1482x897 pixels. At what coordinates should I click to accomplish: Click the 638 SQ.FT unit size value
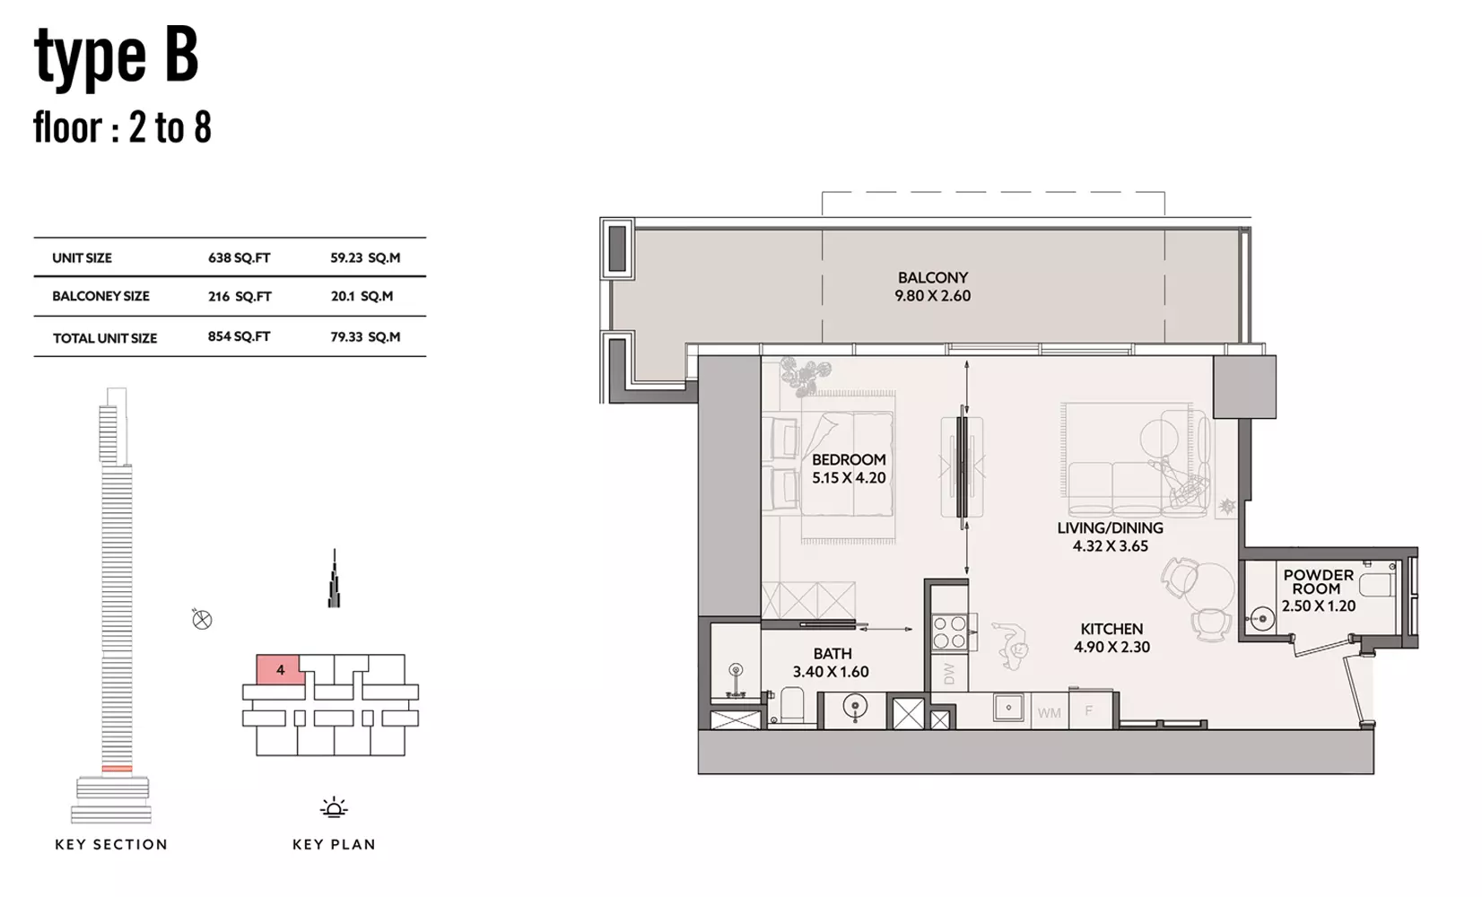tap(239, 258)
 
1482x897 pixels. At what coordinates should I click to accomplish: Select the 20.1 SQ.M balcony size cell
tap(362, 296)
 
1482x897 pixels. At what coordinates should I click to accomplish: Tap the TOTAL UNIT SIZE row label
tap(105, 338)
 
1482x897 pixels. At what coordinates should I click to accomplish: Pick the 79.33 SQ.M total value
tap(365, 336)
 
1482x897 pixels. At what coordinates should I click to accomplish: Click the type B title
tap(117, 57)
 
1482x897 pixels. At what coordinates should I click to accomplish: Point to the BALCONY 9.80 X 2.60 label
tap(933, 286)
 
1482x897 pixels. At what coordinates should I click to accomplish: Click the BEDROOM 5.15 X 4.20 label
tap(849, 468)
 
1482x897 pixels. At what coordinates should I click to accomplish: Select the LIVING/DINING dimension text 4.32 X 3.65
tap(1111, 545)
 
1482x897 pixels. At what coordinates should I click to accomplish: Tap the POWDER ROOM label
tap(1318, 581)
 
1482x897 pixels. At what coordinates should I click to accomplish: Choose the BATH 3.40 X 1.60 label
tap(831, 662)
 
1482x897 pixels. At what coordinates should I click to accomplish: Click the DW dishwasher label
tap(949, 674)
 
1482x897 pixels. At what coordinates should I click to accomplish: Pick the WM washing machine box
tap(1050, 711)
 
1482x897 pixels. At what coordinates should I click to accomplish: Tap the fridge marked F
tap(1091, 710)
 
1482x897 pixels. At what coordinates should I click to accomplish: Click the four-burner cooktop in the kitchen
tap(949, 631)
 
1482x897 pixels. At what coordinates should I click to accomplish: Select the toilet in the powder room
tap(1377, 585)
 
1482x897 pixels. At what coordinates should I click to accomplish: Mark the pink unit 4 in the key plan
tap(281, 669)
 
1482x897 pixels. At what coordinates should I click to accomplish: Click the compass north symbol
tap(202, 619)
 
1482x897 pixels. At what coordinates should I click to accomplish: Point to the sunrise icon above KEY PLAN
tap(334, 807)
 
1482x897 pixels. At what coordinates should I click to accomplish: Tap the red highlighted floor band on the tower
tap(118, 768)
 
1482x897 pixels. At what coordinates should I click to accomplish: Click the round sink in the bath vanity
tap(856, 707)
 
